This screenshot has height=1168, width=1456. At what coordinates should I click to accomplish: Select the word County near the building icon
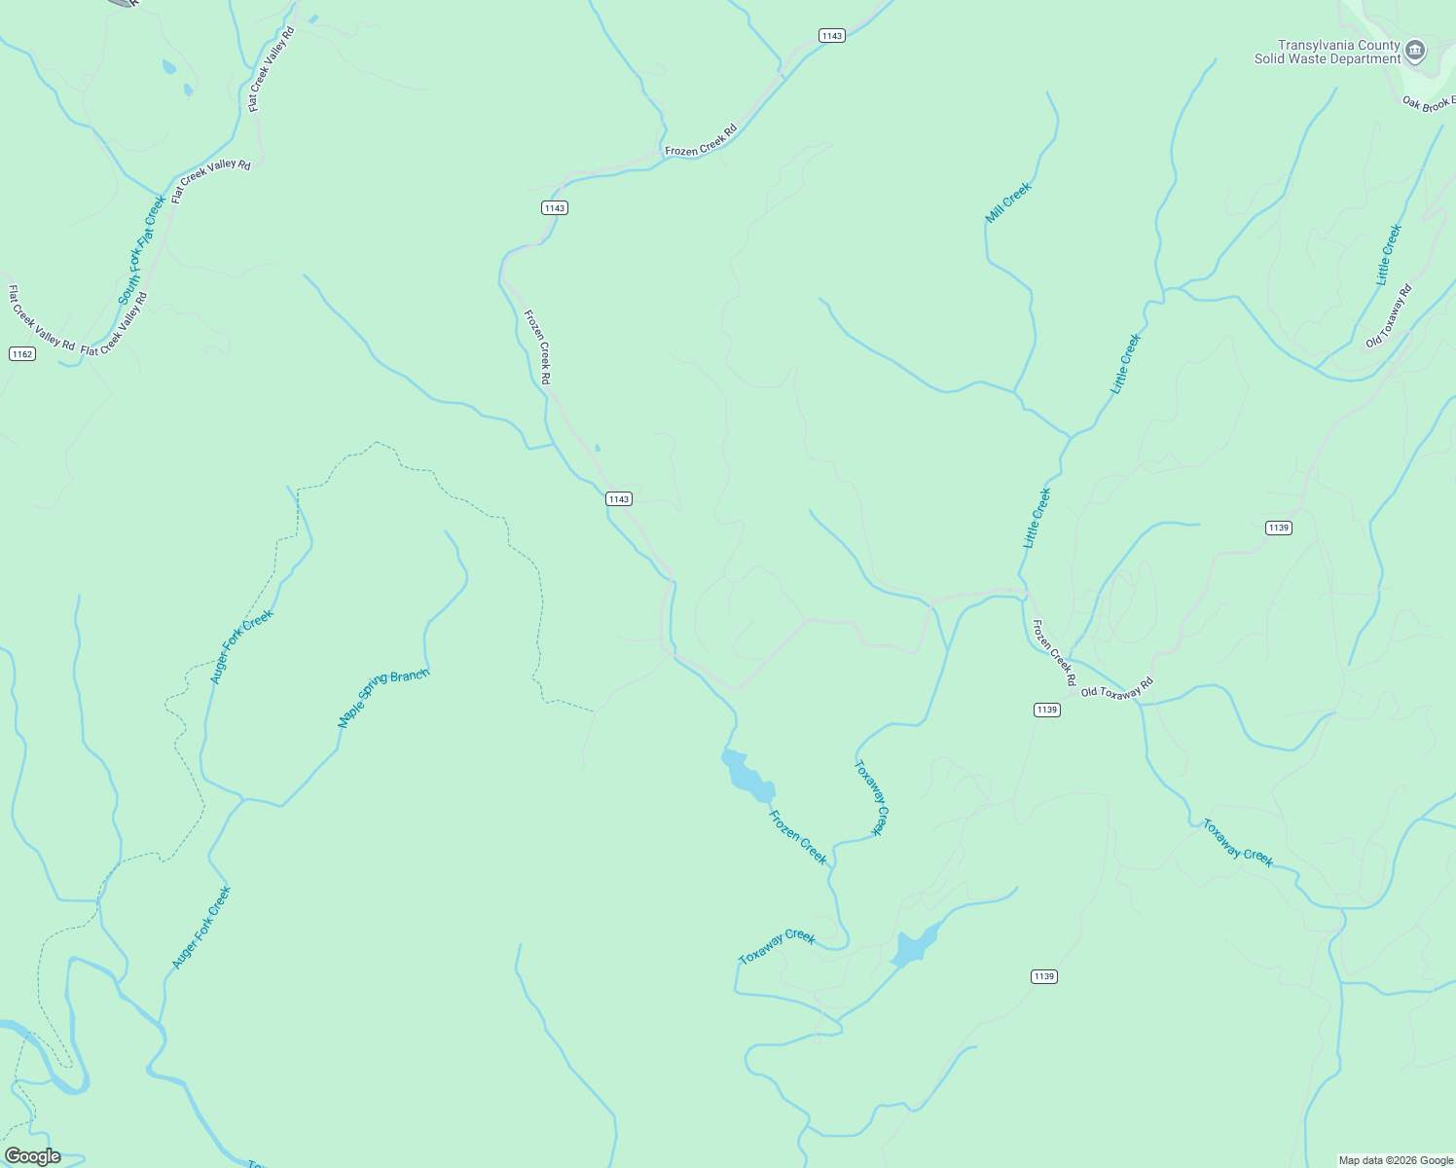1379,45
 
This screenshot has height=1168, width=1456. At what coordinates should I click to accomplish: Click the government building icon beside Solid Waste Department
1416,50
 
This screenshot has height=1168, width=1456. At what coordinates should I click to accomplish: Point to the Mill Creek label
1008,202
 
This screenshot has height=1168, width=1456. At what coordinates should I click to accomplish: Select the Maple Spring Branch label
382,699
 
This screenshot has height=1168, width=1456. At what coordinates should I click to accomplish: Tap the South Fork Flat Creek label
142,250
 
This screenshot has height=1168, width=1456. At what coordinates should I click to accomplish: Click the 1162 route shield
22,353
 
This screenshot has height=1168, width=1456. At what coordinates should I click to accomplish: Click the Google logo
33,1155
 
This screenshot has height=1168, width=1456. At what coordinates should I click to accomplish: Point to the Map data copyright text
1396,1160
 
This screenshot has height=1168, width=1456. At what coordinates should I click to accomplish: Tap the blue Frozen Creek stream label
798,837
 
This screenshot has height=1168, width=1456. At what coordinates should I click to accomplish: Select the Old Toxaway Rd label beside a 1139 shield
1116,688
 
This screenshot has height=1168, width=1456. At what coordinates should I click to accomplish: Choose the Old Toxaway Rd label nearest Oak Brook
1389,316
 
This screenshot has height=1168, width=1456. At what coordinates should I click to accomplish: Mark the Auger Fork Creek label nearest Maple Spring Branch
242,646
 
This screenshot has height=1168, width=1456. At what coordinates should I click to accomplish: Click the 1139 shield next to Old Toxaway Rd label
1047,710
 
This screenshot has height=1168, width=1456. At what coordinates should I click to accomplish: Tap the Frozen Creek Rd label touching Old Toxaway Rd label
1054,652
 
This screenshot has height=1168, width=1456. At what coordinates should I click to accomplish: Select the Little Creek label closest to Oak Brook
1389,255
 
